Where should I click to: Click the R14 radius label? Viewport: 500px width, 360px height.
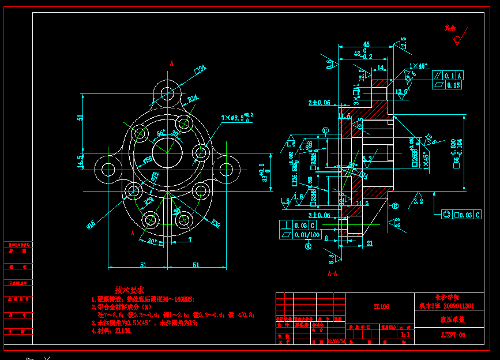[193, 98]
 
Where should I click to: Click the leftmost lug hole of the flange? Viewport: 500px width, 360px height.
[108, 170]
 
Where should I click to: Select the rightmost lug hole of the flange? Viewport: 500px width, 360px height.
[227, 170]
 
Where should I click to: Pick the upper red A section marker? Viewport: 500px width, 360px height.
[171, 63]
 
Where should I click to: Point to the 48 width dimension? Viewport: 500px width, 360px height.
[366, 44]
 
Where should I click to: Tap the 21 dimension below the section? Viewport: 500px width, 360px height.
[370, 243]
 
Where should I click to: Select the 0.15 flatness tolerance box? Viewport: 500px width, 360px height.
[453, 85]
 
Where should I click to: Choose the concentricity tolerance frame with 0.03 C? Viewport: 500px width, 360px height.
[461, 215]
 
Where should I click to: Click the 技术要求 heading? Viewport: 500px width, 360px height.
[129, 290]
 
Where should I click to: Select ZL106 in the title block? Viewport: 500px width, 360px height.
[381, 307]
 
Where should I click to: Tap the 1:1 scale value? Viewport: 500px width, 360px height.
[405, 333]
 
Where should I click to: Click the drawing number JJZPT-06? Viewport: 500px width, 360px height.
[453, 335]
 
